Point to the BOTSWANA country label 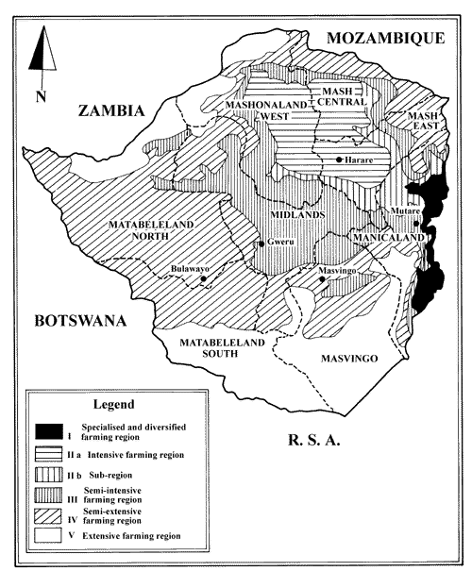point(79,321)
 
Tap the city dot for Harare point(339,160)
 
